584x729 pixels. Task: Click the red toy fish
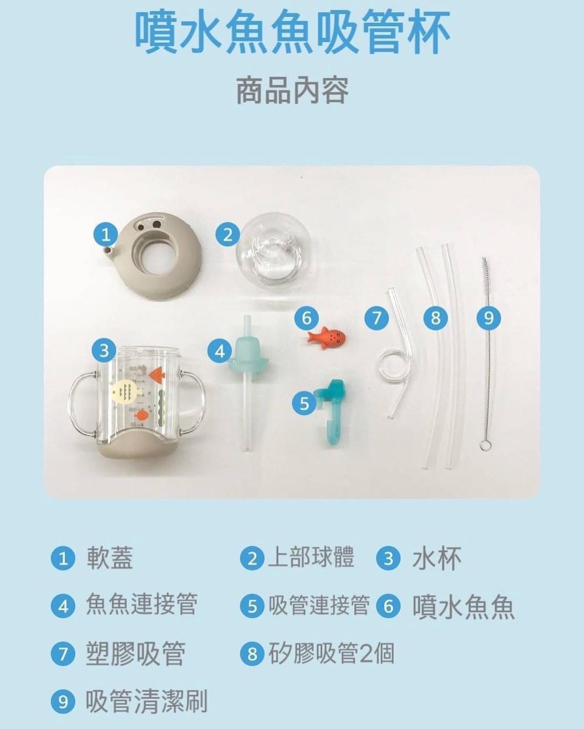(x=327, y=338)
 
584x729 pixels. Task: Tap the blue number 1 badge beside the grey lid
(x=106, y=235)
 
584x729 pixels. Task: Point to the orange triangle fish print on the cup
(x=157, y=374)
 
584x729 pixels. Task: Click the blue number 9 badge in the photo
(x=489, y=318)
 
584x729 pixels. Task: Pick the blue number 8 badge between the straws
(x=435, y=318)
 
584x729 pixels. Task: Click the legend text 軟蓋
(x=109, y=558)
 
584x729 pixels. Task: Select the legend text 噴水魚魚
(x=463, y=606)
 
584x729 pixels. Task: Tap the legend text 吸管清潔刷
(x=146, y=701)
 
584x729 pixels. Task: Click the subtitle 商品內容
(x=292, y=91)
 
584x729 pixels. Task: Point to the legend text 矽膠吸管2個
(x=331, y=653)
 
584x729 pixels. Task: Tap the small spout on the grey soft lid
(x=108, y=251)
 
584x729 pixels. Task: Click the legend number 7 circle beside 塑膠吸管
(x=63, y=654)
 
